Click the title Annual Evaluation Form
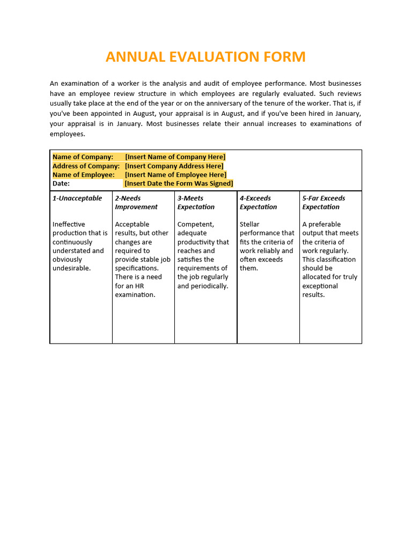point(205,57)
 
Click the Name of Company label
point(83,157)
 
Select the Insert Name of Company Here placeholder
point(175,157)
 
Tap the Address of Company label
point(86,166)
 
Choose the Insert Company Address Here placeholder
point(174,166)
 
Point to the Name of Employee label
point(84,175)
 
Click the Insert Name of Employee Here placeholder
point(176,175)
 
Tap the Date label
point(61,183)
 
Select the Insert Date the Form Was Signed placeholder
point(179,183)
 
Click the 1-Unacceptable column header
point(77,198)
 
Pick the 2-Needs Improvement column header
point(136,203)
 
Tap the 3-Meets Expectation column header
point(196,203)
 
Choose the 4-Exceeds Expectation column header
point(259,203)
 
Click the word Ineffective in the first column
point(69,224)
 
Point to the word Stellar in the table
point(249,224)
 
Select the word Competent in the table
point(195,224)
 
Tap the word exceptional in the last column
point(320,286)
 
